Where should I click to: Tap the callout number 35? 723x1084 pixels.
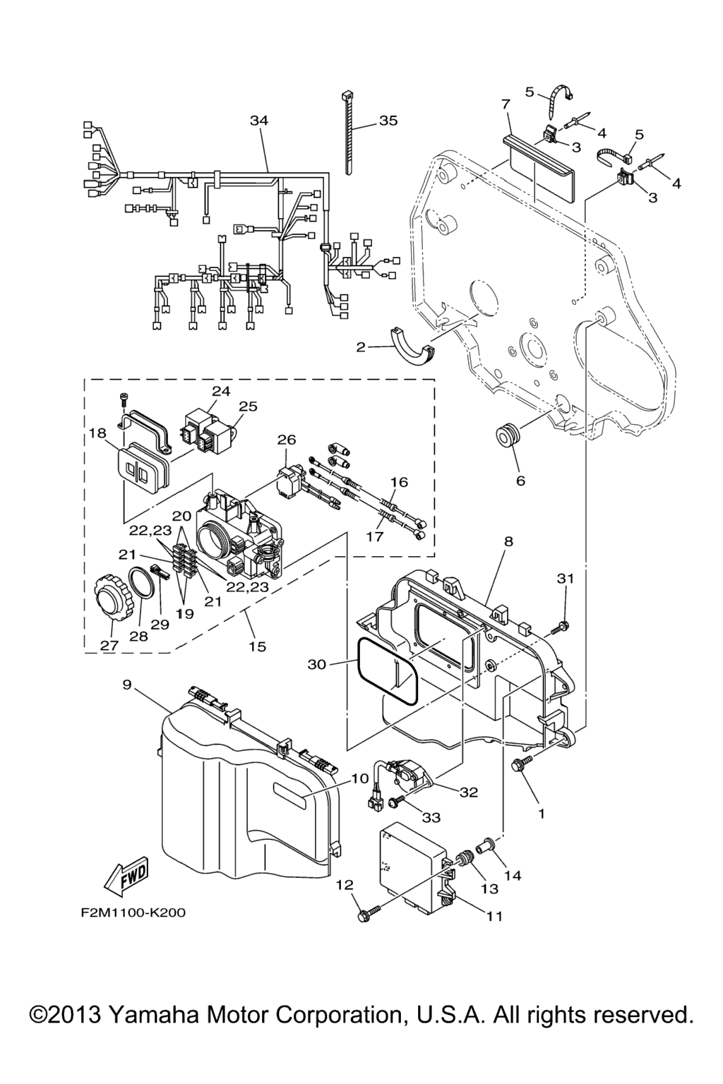pos(388,121)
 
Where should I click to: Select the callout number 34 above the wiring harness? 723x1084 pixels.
pos(259,121)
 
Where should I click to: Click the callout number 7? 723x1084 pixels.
pos(506,104)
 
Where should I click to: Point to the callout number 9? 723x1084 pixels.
pos(127,684)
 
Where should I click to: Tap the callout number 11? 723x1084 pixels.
pos(494,917)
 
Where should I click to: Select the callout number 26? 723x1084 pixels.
pos(286,440)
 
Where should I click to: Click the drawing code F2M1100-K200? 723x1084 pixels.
pos(133,913)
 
